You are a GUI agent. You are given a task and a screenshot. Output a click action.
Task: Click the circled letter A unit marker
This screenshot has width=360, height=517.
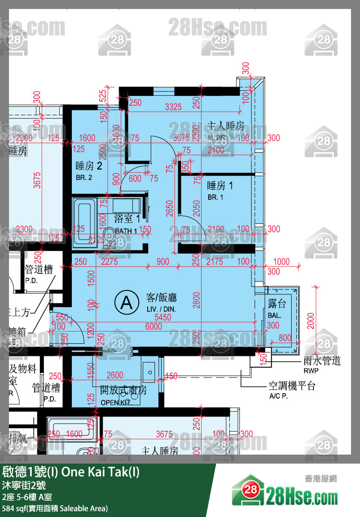(x=127, y=303)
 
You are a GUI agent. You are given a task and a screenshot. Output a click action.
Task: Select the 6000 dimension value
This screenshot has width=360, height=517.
(x=154, y=327)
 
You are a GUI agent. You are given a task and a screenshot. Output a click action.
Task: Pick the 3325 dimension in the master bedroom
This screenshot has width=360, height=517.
(x=173, y=107)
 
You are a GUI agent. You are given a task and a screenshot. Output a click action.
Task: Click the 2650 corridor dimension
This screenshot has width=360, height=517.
(x=169, y=209)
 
